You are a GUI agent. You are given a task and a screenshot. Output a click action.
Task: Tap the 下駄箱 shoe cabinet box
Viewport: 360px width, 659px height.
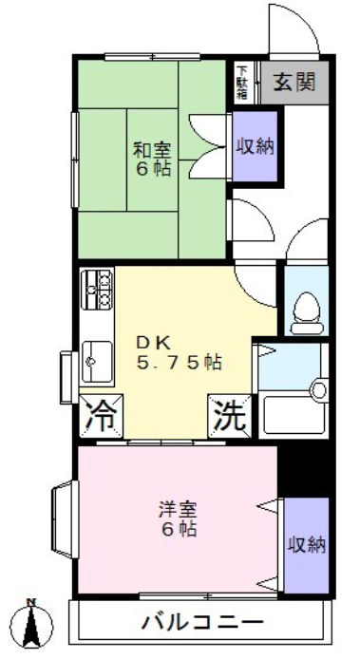click(x=243, y=82)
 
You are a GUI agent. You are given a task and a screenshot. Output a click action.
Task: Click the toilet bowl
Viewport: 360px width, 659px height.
click(x=306, y=308)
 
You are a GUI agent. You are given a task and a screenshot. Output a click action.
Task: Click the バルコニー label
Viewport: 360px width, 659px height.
click(x=202, y=624)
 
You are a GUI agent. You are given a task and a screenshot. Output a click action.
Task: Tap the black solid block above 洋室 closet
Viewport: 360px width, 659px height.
click(x=303, y=469)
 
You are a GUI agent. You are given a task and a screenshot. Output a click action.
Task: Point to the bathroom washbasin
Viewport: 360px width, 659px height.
click(x=317, y=389)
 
